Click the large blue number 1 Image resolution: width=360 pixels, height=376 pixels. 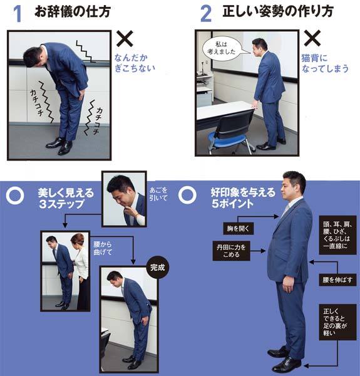pos(18,14)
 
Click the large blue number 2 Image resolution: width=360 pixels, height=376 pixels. pos(206,14)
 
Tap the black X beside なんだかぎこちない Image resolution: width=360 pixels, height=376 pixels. pos(125,39)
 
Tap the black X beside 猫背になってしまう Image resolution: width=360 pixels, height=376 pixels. pos(312,38)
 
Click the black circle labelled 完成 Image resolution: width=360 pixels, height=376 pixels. pos(157,268)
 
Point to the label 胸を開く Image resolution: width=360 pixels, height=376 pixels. pos(239,228)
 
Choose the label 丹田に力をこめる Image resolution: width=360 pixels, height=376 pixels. pos(231,251)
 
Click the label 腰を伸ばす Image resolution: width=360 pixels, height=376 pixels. pos(337,280)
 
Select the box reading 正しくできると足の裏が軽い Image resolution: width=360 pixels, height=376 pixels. pos(337,322)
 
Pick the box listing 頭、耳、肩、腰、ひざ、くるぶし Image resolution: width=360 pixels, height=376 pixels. pos(337,235)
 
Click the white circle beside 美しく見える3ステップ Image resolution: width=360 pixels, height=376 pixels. pos(15,196)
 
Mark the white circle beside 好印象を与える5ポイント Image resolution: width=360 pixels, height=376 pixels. pos(187,195)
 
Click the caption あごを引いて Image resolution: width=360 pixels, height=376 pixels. pos(158,194)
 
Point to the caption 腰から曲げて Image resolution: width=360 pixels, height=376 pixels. pos(103,248)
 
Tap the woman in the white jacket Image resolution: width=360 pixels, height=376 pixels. pos(81,269)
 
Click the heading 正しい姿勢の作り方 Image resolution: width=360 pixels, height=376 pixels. pos(278,11)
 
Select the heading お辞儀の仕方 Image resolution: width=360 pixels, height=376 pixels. pos(73,11)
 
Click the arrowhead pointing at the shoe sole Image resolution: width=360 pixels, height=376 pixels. pos(306,366)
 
